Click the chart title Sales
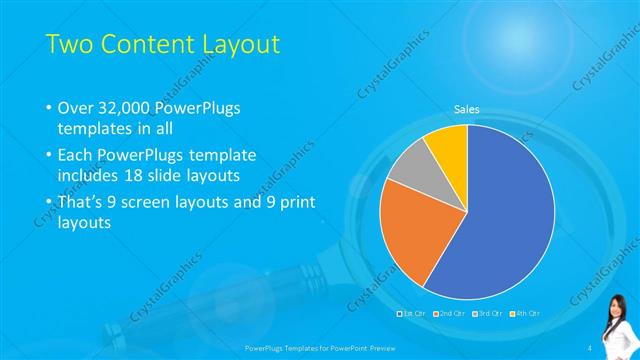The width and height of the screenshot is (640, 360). pos(467,108)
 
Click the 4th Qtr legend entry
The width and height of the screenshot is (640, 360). pos(522,313)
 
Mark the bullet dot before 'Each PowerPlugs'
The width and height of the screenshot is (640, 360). pos(49,156)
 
